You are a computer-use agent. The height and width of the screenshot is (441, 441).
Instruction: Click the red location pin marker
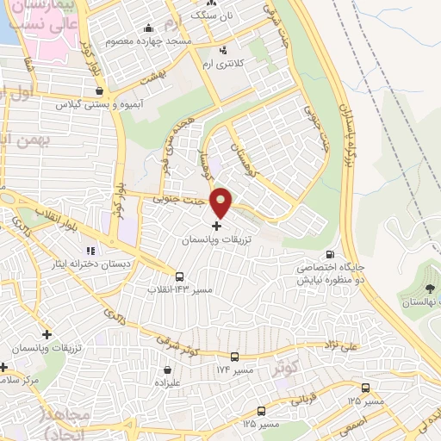click(x=222, y=203)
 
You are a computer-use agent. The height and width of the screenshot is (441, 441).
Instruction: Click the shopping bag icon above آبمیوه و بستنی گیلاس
click(x=100, y=90)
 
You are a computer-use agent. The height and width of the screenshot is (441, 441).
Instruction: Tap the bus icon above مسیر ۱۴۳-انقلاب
click(x=179, y=276)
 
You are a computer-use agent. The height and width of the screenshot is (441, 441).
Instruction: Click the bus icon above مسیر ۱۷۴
click(x=234, y=357)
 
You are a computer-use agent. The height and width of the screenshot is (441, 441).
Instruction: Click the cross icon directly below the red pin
click(x=215, y=226)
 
